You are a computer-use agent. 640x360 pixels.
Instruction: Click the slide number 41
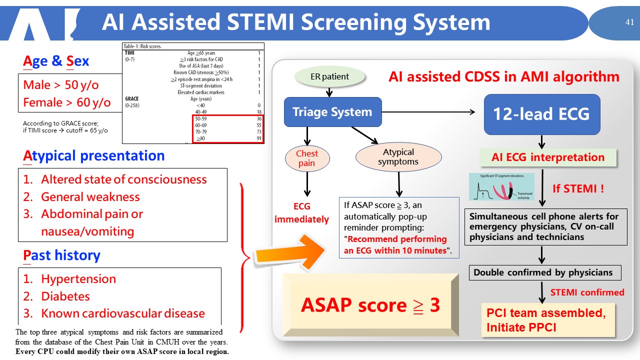coord(629,22)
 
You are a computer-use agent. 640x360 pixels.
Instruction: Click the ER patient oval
coord(330,77)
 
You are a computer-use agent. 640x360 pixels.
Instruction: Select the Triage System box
coord(332,111)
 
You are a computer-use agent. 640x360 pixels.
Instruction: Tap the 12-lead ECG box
coord(541,114)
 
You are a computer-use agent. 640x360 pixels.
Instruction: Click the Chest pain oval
coord(307,158)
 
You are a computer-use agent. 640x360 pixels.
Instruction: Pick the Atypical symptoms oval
coord(398,157)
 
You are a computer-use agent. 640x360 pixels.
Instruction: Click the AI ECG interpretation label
coord(547,157)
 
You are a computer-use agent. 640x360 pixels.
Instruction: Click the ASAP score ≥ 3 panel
coord(370,305)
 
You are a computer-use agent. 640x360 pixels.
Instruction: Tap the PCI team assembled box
coord(547,320)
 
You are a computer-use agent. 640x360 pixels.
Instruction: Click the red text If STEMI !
coord(578,188)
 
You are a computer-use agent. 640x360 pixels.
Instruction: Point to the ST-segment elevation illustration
coord(501,187)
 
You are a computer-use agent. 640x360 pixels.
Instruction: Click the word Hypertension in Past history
coord(78,279)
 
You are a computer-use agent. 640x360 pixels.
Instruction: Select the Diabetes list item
coord(65,296)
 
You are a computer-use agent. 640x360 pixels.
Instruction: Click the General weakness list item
coord(90,197)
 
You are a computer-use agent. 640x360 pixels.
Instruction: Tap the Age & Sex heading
coord(56,61)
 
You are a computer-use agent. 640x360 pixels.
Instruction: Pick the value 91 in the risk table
coord(258,138)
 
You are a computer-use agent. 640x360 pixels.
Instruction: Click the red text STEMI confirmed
coord(587,292)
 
